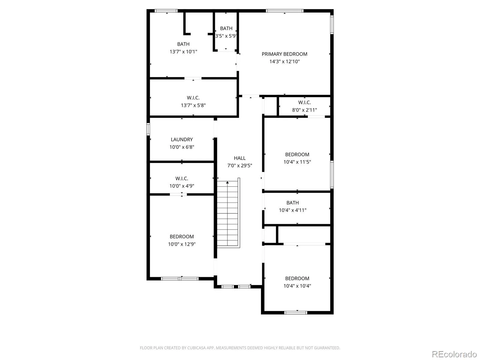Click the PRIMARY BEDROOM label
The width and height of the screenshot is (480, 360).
pos(284,54)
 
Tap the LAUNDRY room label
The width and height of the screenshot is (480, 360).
pos(182,139)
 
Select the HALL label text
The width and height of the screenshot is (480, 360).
pos(240,158)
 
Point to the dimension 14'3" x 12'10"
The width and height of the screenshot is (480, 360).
pos(284,61)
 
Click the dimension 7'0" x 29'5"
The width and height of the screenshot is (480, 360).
pos(240,166)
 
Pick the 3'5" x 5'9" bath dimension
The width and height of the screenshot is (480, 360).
pos(226,36)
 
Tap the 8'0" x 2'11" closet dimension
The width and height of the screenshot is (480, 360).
pos(304,110)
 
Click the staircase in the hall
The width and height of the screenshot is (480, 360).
pos(228,213)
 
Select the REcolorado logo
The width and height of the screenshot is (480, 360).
pos(454,354)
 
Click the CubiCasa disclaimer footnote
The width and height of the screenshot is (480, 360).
pos(240,348)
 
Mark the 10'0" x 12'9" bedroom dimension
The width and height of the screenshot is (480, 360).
pos(182,244)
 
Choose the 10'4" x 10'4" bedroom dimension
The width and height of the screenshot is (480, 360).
pos(297,286)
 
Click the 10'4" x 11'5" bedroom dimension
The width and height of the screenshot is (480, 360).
pos(297,162)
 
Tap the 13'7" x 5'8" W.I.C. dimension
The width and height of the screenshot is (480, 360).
pos(193,105)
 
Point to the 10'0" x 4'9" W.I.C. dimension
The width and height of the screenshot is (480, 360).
pos(182,186)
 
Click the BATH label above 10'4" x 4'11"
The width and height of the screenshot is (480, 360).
pos(292,202)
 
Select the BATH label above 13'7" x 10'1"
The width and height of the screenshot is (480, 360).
pos(183,44)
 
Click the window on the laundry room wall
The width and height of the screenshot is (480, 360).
pos(148,129)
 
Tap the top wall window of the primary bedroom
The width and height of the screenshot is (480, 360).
pos(284,11)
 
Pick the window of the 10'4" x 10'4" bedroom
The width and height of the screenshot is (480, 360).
pos(296,313)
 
